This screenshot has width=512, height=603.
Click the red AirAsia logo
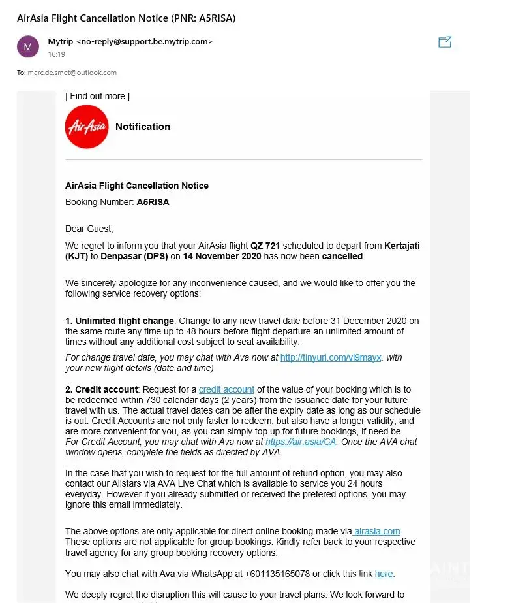click(87, 127)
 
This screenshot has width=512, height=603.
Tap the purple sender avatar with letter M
click(27, 46)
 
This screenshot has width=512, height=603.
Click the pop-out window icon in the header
click(445, 42)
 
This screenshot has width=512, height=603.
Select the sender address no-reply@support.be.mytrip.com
click(145, 42)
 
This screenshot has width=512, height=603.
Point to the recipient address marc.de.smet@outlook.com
click(72, 73)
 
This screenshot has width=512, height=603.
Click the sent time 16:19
click(56, 54)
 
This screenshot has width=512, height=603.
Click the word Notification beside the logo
click(143, 127)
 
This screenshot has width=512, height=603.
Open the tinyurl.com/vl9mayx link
click(331, 358)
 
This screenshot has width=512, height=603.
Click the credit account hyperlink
click(226, 389)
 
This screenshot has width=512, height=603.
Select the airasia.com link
click(377, 531)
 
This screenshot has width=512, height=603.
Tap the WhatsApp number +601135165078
click(277, 574)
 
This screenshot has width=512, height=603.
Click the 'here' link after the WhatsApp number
click(384, 574)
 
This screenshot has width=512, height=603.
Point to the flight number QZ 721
click(265, 246)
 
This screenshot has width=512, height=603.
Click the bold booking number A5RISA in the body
click(153, 202)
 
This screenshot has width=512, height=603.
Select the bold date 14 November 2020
click(222, 256)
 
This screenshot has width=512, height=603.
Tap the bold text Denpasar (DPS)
click(134, 256)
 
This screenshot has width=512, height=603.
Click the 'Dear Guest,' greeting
click(89, 229)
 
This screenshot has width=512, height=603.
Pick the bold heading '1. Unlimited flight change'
click(119, 321)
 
